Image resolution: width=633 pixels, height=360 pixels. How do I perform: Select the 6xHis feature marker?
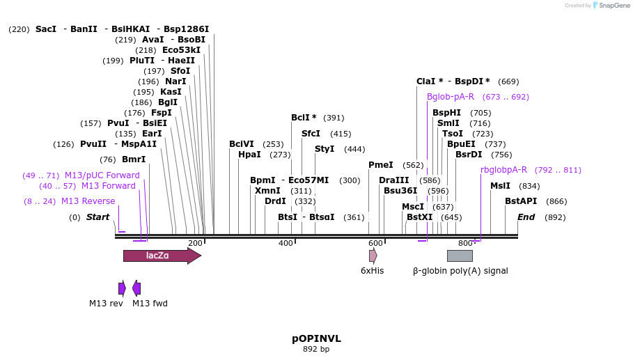coord(373,256)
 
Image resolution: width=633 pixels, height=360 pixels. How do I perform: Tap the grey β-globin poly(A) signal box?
coord(460,256)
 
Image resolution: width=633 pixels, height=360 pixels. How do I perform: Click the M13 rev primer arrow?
coord(122,288)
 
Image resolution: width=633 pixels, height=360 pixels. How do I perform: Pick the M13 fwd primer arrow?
coord(136,288)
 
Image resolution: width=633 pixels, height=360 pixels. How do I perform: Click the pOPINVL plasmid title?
coord(316,338)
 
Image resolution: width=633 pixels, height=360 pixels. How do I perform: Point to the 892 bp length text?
coord(316,350)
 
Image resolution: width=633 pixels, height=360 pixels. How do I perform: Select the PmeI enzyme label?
coord(381,165)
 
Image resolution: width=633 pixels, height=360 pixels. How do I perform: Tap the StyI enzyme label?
coord(325,149)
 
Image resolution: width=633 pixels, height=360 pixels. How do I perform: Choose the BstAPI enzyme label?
coord(521,201)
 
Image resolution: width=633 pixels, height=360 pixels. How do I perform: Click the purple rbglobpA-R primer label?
coord(503,170)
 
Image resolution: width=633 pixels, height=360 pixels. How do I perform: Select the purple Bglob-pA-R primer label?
coord(451,97)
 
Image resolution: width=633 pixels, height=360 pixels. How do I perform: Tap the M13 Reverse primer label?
coord(88,201)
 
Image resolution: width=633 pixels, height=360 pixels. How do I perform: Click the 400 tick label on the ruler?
coord(286,243)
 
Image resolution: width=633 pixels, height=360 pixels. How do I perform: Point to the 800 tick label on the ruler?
coord(465,243)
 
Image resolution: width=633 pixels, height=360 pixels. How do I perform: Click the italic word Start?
coord(97,217)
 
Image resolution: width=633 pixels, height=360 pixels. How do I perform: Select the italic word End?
coord(526,217)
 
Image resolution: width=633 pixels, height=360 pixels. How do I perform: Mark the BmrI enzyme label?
coord(134,159)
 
